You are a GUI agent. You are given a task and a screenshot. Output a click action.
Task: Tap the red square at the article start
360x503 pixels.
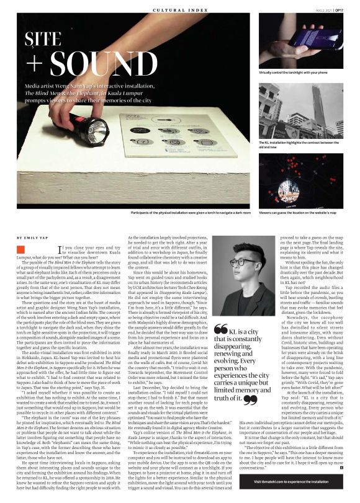tap(20, 250)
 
